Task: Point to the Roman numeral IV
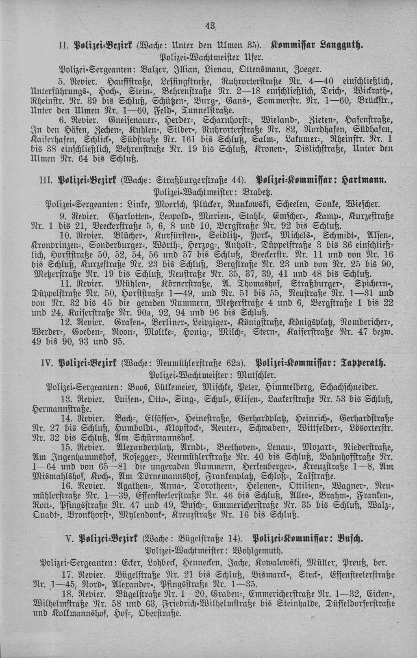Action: [51, 362]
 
